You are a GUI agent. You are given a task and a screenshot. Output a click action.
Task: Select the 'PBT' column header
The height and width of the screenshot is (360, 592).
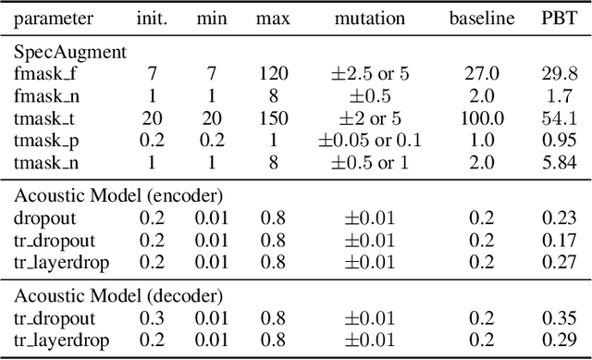point(557,19)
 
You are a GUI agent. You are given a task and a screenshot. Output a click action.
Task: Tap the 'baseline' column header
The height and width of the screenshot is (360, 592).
point(481,19)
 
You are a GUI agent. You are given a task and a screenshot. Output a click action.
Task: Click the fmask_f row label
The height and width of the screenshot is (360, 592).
point(46,74)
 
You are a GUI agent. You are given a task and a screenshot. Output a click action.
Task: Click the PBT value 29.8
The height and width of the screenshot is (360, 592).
point(557,74)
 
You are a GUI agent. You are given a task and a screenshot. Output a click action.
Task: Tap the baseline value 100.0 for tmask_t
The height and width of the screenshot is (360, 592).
point(481,119)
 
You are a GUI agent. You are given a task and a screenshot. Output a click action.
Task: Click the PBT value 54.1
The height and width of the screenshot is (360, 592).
point(557,119)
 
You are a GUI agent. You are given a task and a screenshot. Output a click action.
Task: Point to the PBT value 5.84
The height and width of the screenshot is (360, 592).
point(557,164)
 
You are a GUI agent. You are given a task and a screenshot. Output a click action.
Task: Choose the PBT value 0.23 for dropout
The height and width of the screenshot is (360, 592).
point(557,218)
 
